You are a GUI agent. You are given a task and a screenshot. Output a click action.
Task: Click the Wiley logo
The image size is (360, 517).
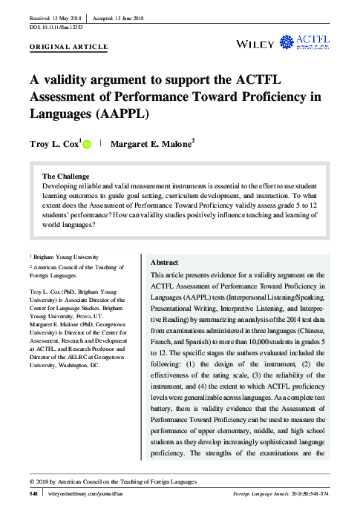tap(255, 44)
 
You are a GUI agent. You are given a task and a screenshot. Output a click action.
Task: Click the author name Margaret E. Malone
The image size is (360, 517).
tap(151, 145)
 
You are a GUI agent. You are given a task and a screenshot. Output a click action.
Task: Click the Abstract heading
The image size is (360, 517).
tap(164, 263)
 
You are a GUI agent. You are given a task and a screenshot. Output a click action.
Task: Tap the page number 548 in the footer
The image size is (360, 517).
tap(33, 493)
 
